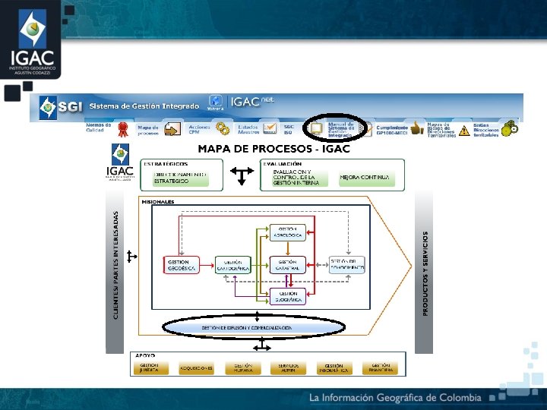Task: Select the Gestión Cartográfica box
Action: [233, 265]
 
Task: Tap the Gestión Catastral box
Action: [287, 265]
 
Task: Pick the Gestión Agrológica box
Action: [288, 232]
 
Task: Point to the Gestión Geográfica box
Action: [288, 296]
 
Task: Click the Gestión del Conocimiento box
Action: [347, 264]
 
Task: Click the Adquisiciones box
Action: [197, 367]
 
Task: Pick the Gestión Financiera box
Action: [381, 367]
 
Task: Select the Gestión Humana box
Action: [243, 367]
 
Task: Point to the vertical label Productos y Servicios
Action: [425, 273]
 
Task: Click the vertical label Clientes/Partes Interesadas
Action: [115, 265]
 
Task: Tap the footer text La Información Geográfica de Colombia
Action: [394, 398]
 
